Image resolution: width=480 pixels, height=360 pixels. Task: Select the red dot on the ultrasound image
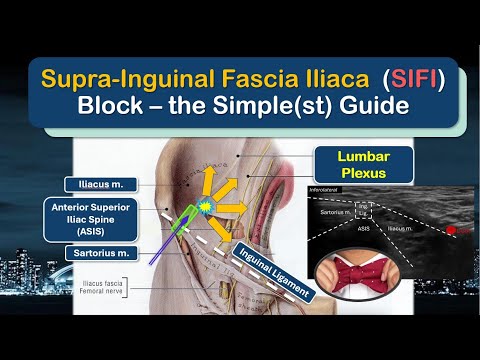[x=456, y=232]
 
